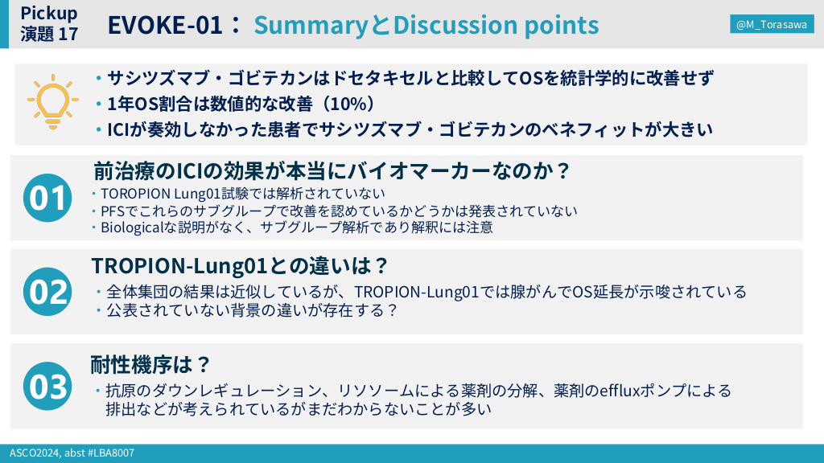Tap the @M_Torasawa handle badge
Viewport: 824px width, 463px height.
(x=772, y=24)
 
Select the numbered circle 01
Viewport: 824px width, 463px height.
(x=47, y=198)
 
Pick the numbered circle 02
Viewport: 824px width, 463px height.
(x=47, y=291)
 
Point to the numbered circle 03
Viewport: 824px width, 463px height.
(x=47, y=386)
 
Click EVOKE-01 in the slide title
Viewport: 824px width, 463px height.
(x=165, y=25)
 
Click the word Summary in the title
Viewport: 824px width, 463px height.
(x=311, y=25)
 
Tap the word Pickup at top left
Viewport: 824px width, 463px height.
(x=49, y=13)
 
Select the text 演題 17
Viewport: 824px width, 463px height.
(x=49, y=34)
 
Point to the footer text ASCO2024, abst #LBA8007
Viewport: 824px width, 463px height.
(x=72, y=453)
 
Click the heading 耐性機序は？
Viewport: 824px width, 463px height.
(x=150, y=364)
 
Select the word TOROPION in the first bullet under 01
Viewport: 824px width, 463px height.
(x=135, y=194)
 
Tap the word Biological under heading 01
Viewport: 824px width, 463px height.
(x=132, y=227)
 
